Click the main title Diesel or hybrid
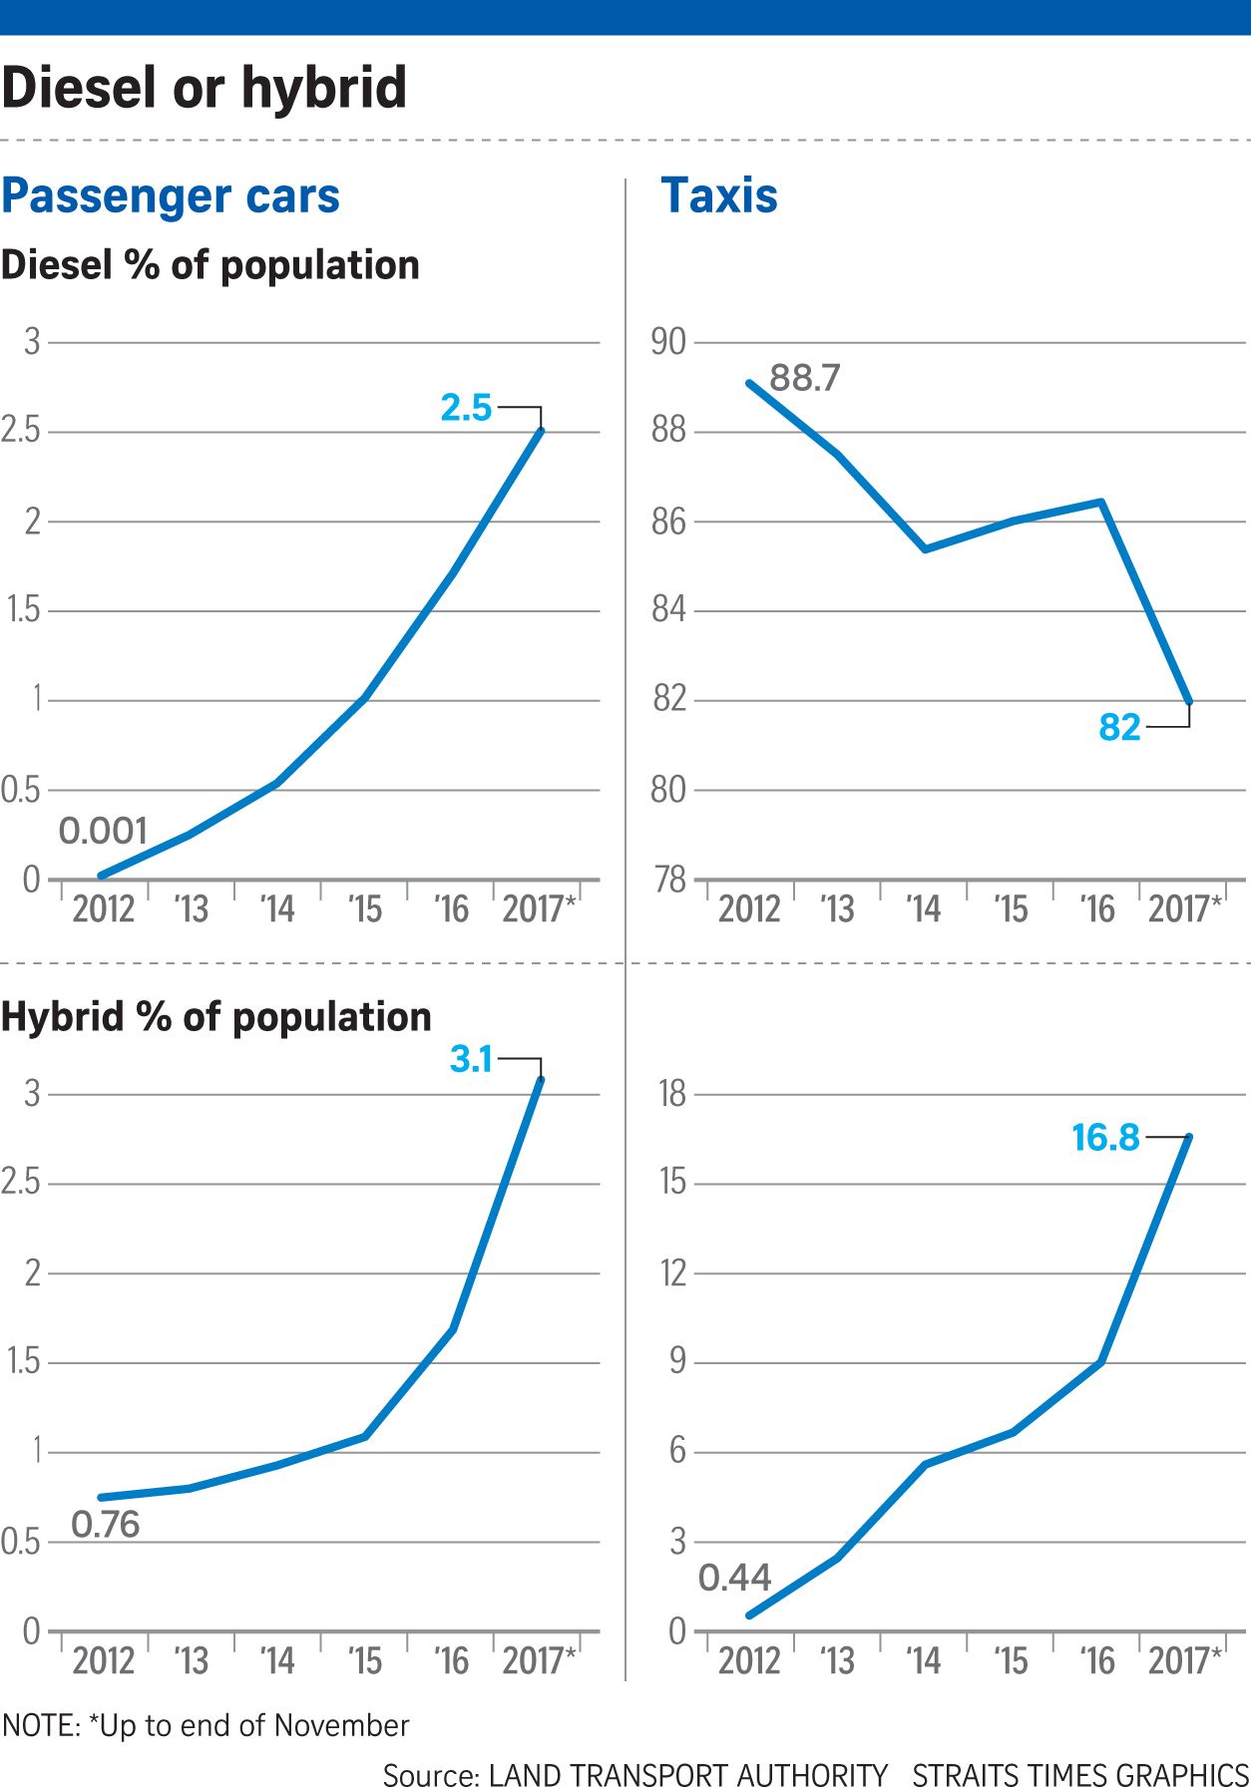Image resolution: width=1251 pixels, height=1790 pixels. [205, 88]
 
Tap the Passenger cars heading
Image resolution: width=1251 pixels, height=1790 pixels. [171, 195]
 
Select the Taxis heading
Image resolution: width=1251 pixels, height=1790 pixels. [719, 195]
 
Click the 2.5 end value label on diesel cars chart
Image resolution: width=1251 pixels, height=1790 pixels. [467, 408]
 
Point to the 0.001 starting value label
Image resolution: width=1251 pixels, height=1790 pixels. [103, 831]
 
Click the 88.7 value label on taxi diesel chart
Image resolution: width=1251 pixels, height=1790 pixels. [805, 378]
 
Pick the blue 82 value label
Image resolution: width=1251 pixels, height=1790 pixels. [1119, 728]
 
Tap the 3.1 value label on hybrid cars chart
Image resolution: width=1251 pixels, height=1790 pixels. [471, 1059]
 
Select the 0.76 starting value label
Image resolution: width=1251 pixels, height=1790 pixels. [105, 1525]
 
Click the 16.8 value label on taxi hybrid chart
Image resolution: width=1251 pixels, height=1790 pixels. [1105, 1138]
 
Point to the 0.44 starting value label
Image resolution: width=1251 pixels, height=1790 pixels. [734, 1578]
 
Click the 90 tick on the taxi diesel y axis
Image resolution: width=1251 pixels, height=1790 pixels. [668, 342]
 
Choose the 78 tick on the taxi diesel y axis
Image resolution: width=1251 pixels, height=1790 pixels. [668, 880]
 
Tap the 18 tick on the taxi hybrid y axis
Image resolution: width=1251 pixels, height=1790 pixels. [672, 1094]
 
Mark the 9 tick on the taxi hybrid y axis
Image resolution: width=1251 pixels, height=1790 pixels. [677, 1362]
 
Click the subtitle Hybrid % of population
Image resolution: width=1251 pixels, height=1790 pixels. [216, 1017]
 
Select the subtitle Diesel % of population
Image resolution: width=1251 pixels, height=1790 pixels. [210, 265]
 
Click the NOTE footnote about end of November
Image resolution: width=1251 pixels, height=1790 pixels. [206, 1725]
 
